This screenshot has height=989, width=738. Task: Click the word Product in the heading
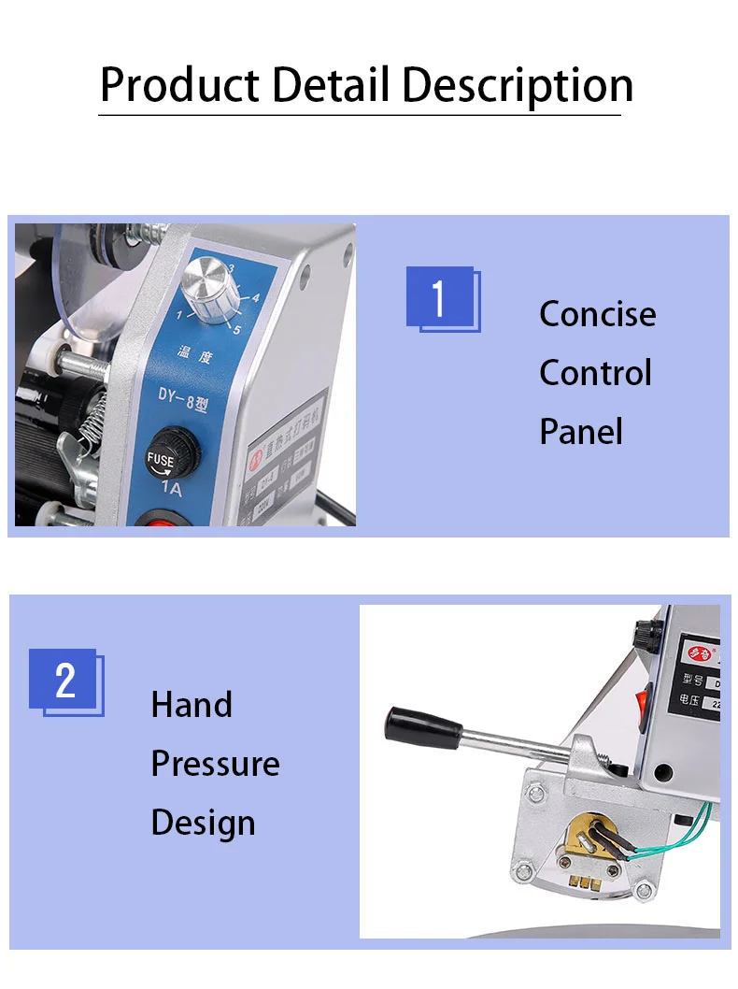point(180,85)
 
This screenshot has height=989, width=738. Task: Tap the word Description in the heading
point(518,85)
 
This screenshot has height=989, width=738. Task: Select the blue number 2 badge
point(64,681)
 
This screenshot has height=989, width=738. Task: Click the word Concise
point(597,314)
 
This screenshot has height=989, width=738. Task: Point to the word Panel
point(580,432)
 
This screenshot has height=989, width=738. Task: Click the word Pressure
point(215,764)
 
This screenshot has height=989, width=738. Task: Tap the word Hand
point(192,705)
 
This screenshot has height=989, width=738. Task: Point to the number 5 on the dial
point(237,329)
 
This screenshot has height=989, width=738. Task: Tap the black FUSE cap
point(169,450)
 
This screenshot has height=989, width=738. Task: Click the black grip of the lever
point(422,724)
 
